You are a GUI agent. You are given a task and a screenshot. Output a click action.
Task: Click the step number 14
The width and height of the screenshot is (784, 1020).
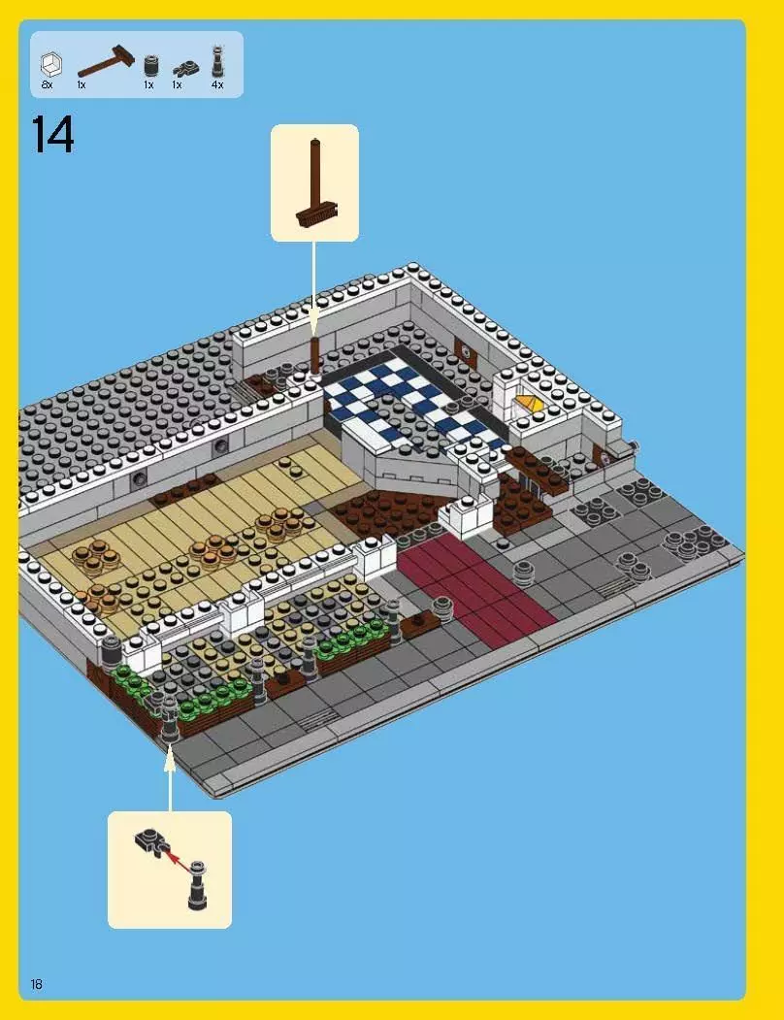coord(52,135)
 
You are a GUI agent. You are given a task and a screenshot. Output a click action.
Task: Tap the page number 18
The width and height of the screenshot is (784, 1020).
coord(37,984)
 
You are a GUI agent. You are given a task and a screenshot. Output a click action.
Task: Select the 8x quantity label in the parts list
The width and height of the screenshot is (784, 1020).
coord(47,85)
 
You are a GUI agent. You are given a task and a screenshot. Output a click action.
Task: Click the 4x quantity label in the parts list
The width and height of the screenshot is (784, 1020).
coord(217,85)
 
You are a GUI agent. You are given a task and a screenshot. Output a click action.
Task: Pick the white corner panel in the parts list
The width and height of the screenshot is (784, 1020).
coord(49,65)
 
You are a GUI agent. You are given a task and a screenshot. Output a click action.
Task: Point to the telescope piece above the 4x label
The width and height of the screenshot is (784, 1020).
coord(217,60)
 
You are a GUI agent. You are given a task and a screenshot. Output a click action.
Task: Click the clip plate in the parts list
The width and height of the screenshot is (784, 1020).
coord(184,68)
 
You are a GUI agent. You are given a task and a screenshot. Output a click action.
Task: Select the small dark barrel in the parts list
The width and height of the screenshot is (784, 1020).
coord(149,66)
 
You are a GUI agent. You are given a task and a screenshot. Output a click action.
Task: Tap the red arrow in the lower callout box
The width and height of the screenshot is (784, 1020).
coord(174,854)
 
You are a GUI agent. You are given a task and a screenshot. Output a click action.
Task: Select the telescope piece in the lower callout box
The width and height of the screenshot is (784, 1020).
coord(197,884)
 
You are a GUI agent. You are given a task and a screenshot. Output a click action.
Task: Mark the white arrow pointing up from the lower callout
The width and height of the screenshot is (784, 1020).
coord(170,776)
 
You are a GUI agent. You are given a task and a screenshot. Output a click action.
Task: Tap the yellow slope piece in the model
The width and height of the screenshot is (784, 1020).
coord(529,400)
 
